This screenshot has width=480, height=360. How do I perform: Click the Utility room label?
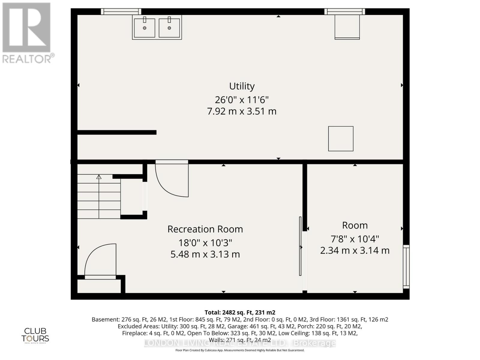click(242, 86)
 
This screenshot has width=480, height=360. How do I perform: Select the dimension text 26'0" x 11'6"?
click(242, 99)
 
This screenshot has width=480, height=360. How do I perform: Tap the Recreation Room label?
click(205, 229)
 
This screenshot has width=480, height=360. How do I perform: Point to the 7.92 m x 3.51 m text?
click(242, 111)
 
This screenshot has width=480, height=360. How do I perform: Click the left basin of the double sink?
click(145, 28)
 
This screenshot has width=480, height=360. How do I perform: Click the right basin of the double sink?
click(169, 28)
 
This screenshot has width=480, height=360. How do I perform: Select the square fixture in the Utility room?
click(341, 139)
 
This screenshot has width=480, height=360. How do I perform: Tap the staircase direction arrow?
click(99, 177)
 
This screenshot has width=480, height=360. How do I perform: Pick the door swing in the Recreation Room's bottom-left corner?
click(100, 261)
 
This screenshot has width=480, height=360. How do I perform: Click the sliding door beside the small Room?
click(300, 246)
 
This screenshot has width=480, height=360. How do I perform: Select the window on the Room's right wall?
click(406, 266)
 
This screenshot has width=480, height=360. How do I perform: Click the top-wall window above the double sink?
click(121, 11)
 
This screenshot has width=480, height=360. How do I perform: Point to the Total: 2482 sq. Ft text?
click(240, 312)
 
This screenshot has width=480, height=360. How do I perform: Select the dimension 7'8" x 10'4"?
click(355, 239)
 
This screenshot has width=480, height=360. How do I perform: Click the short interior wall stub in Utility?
click(117, 132)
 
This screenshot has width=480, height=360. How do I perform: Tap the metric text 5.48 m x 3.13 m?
click(205, 254)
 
